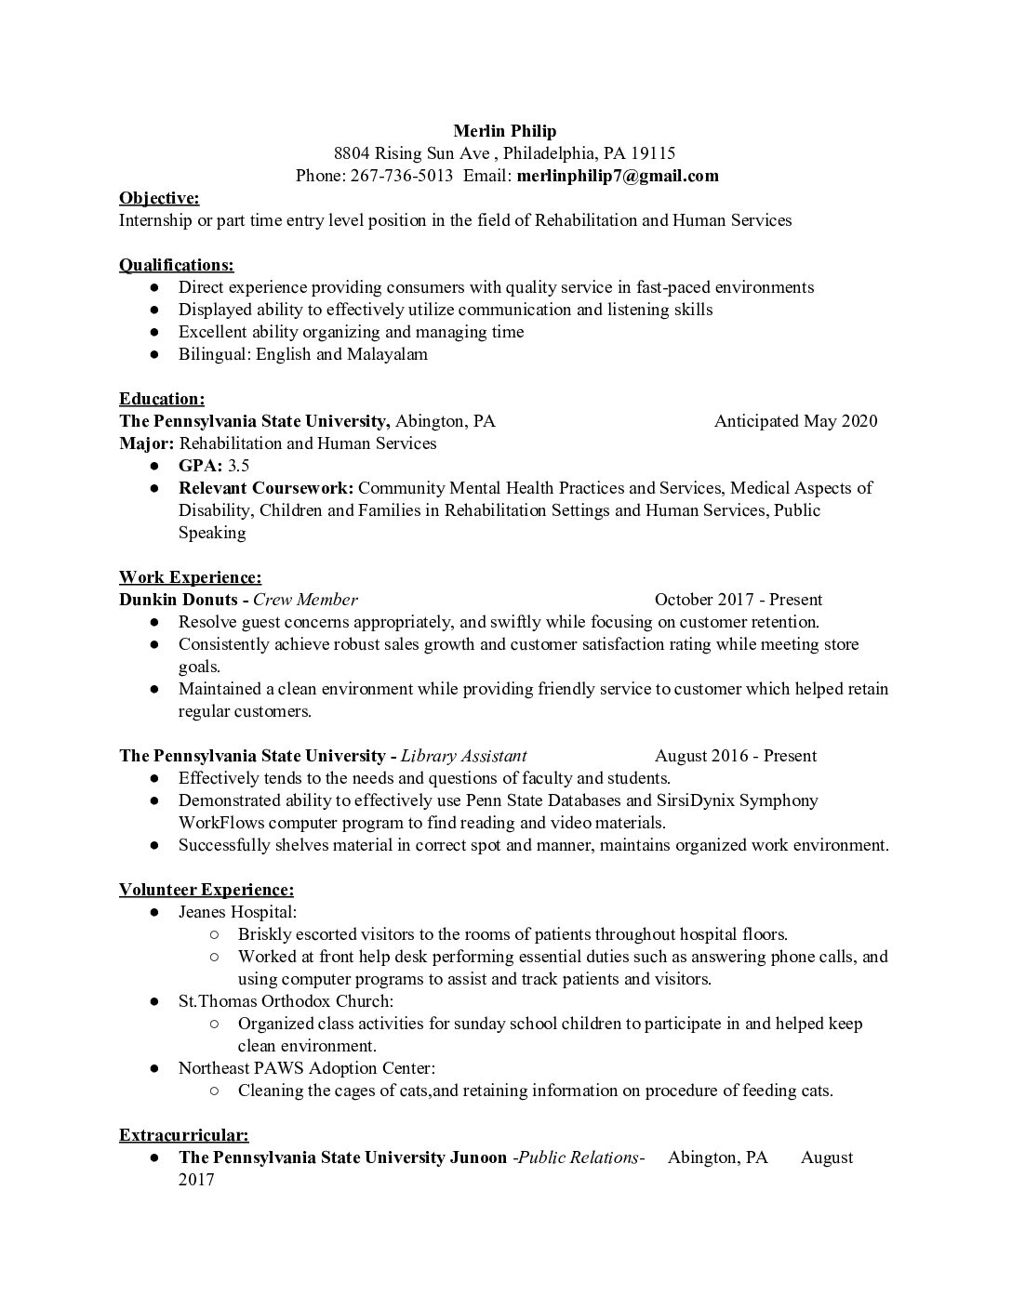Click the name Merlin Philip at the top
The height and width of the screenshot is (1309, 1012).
coord(504,130)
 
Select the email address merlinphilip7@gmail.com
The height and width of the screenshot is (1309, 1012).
coord(618,176)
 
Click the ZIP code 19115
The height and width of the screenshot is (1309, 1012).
coord(653,153)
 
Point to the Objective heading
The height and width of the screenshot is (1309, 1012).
coord(159,198)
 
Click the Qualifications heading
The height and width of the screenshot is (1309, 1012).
coord(176,265)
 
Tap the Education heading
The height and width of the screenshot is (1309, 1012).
coord(162,399)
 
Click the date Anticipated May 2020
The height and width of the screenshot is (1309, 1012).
coord(795,421)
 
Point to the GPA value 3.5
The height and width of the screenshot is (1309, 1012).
coord(239,466)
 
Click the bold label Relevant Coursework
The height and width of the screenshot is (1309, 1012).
coord(265,488)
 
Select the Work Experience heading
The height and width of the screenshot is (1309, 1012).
coord(190,577)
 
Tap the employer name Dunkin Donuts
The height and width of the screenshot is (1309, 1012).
coord(179,600)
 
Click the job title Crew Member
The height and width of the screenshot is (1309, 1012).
coord(305,600)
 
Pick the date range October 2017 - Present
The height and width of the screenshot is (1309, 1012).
coord(738,600)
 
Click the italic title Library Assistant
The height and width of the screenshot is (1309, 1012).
coord(463,756)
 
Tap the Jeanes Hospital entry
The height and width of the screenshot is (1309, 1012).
coord(237,912)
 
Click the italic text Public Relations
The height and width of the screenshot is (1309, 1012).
coord(579,1157)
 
